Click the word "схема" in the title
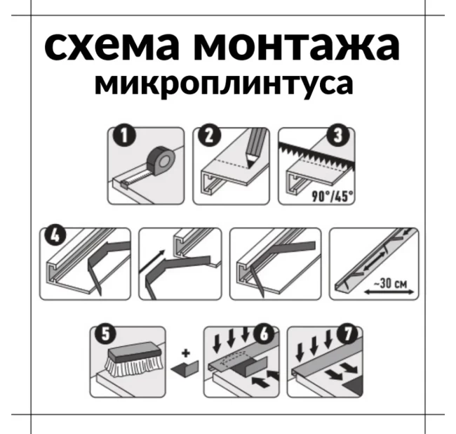(112, 46)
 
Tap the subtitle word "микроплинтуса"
(224, 85)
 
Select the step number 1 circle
(125, 136)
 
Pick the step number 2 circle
(210, 136)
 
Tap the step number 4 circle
(55, 235)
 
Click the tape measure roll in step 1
(161, 160)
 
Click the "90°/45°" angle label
(333, 196)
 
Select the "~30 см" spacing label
(391, 283)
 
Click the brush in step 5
(133, 360)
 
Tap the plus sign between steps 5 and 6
(186, 353)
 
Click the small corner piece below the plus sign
(185, 369)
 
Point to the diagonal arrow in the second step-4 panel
(152, 261)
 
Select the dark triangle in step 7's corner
(354, 385)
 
